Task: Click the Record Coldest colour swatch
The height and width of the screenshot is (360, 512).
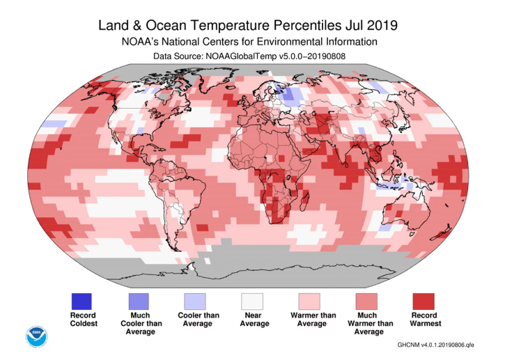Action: [82, 302]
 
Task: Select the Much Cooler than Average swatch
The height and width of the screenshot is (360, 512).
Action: [138, 302]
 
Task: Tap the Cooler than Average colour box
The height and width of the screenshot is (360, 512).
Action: [195, 302]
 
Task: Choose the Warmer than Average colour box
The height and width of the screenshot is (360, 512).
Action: [309, 302]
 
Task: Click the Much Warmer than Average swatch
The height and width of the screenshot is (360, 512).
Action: [366, 302]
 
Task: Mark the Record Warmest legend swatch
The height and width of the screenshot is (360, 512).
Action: [424, 302]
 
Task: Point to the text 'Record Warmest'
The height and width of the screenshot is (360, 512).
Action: [424, 319]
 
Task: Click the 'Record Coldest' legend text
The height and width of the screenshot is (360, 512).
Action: [82, 319]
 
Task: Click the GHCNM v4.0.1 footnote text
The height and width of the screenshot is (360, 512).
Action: [436, 345]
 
